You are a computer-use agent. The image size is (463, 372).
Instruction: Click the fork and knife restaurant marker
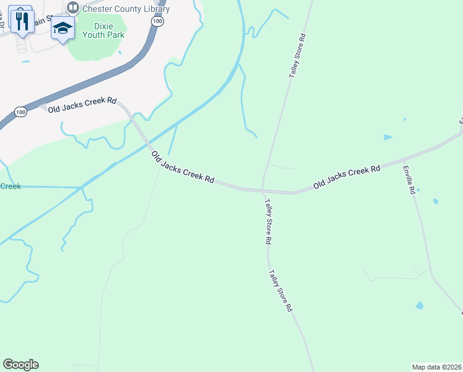(22, 20)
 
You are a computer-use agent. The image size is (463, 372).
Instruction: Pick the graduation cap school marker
(63, 28)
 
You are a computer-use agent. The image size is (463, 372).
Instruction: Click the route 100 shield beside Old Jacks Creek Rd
(20, 112)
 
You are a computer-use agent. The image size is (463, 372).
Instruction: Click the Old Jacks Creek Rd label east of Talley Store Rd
(347, 177)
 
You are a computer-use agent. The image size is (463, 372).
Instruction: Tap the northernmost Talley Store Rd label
(298, 55)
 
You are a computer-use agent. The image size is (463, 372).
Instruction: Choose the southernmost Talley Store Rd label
(280, 290)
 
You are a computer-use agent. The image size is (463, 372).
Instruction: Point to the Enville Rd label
(409, 180)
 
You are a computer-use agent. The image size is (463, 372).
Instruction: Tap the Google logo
(20, 365)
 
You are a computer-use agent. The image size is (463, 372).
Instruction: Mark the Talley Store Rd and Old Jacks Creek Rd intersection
(263, 190)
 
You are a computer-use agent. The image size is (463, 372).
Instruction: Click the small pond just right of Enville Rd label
(436, 201)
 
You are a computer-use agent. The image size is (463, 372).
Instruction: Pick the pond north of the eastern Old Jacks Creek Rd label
(387, 137)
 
